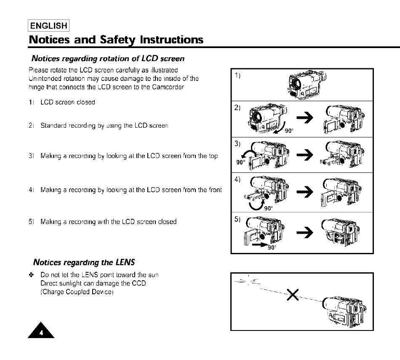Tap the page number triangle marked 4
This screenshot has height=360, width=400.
[41, 330]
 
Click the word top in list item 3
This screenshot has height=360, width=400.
[213, 156]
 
